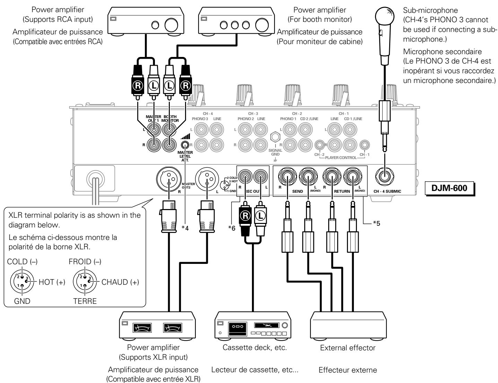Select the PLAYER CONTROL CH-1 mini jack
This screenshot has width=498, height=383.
click(364, 143)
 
